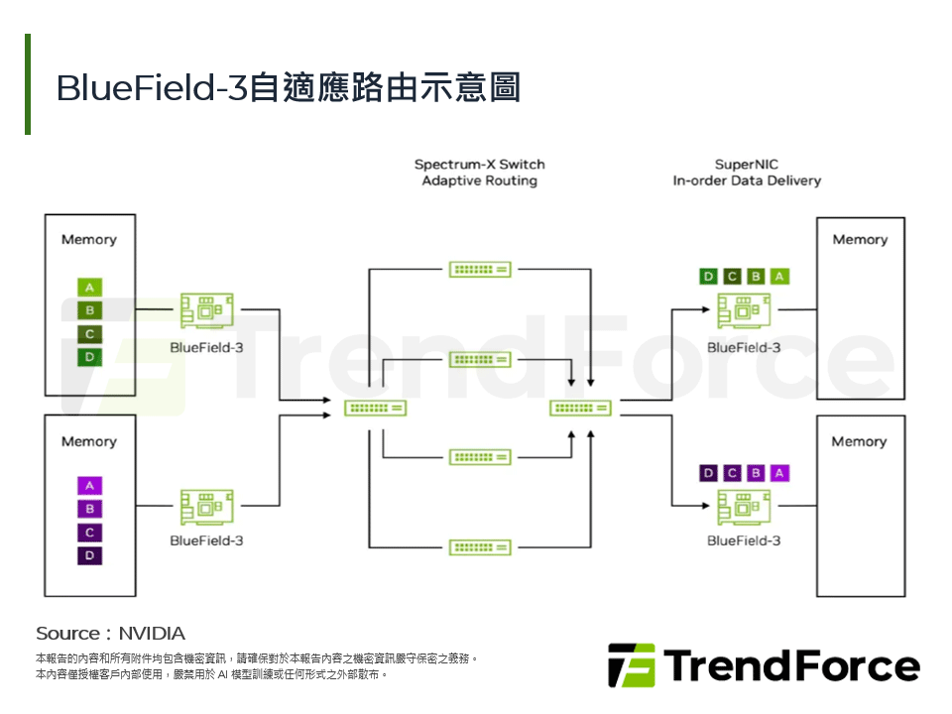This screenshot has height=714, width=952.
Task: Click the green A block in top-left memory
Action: point(89,288)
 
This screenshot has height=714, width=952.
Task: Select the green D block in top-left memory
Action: point(89,357)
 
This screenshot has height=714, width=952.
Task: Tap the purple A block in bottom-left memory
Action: point(89,486)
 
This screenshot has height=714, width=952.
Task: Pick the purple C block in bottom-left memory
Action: point(89,533)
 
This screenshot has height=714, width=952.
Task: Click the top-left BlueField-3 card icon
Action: point(206,311)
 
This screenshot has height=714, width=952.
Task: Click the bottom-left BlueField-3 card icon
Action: point(206,507)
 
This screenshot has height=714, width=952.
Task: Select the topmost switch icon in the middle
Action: point(480,269)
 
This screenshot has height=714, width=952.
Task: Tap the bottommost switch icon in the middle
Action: point(480,546)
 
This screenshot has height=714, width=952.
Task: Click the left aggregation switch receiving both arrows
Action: point(376,408)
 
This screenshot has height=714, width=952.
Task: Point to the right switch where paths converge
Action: point(581,408)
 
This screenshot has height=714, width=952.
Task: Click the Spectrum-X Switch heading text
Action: point(480,165)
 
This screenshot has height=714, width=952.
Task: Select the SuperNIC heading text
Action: point(746,165)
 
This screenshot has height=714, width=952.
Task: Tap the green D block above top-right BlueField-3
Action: point(708,277)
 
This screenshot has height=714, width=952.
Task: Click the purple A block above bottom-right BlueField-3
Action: point(779,473)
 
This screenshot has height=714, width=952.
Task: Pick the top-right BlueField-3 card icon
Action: point(744,311)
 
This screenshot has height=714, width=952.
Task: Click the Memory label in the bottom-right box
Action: point(859,441)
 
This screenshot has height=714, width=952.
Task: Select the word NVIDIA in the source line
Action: point(152,633)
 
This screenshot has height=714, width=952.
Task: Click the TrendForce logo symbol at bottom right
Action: point(632,665)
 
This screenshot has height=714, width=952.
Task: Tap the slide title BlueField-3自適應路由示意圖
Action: point(289,87)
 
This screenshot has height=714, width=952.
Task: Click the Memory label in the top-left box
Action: point(88,239)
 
